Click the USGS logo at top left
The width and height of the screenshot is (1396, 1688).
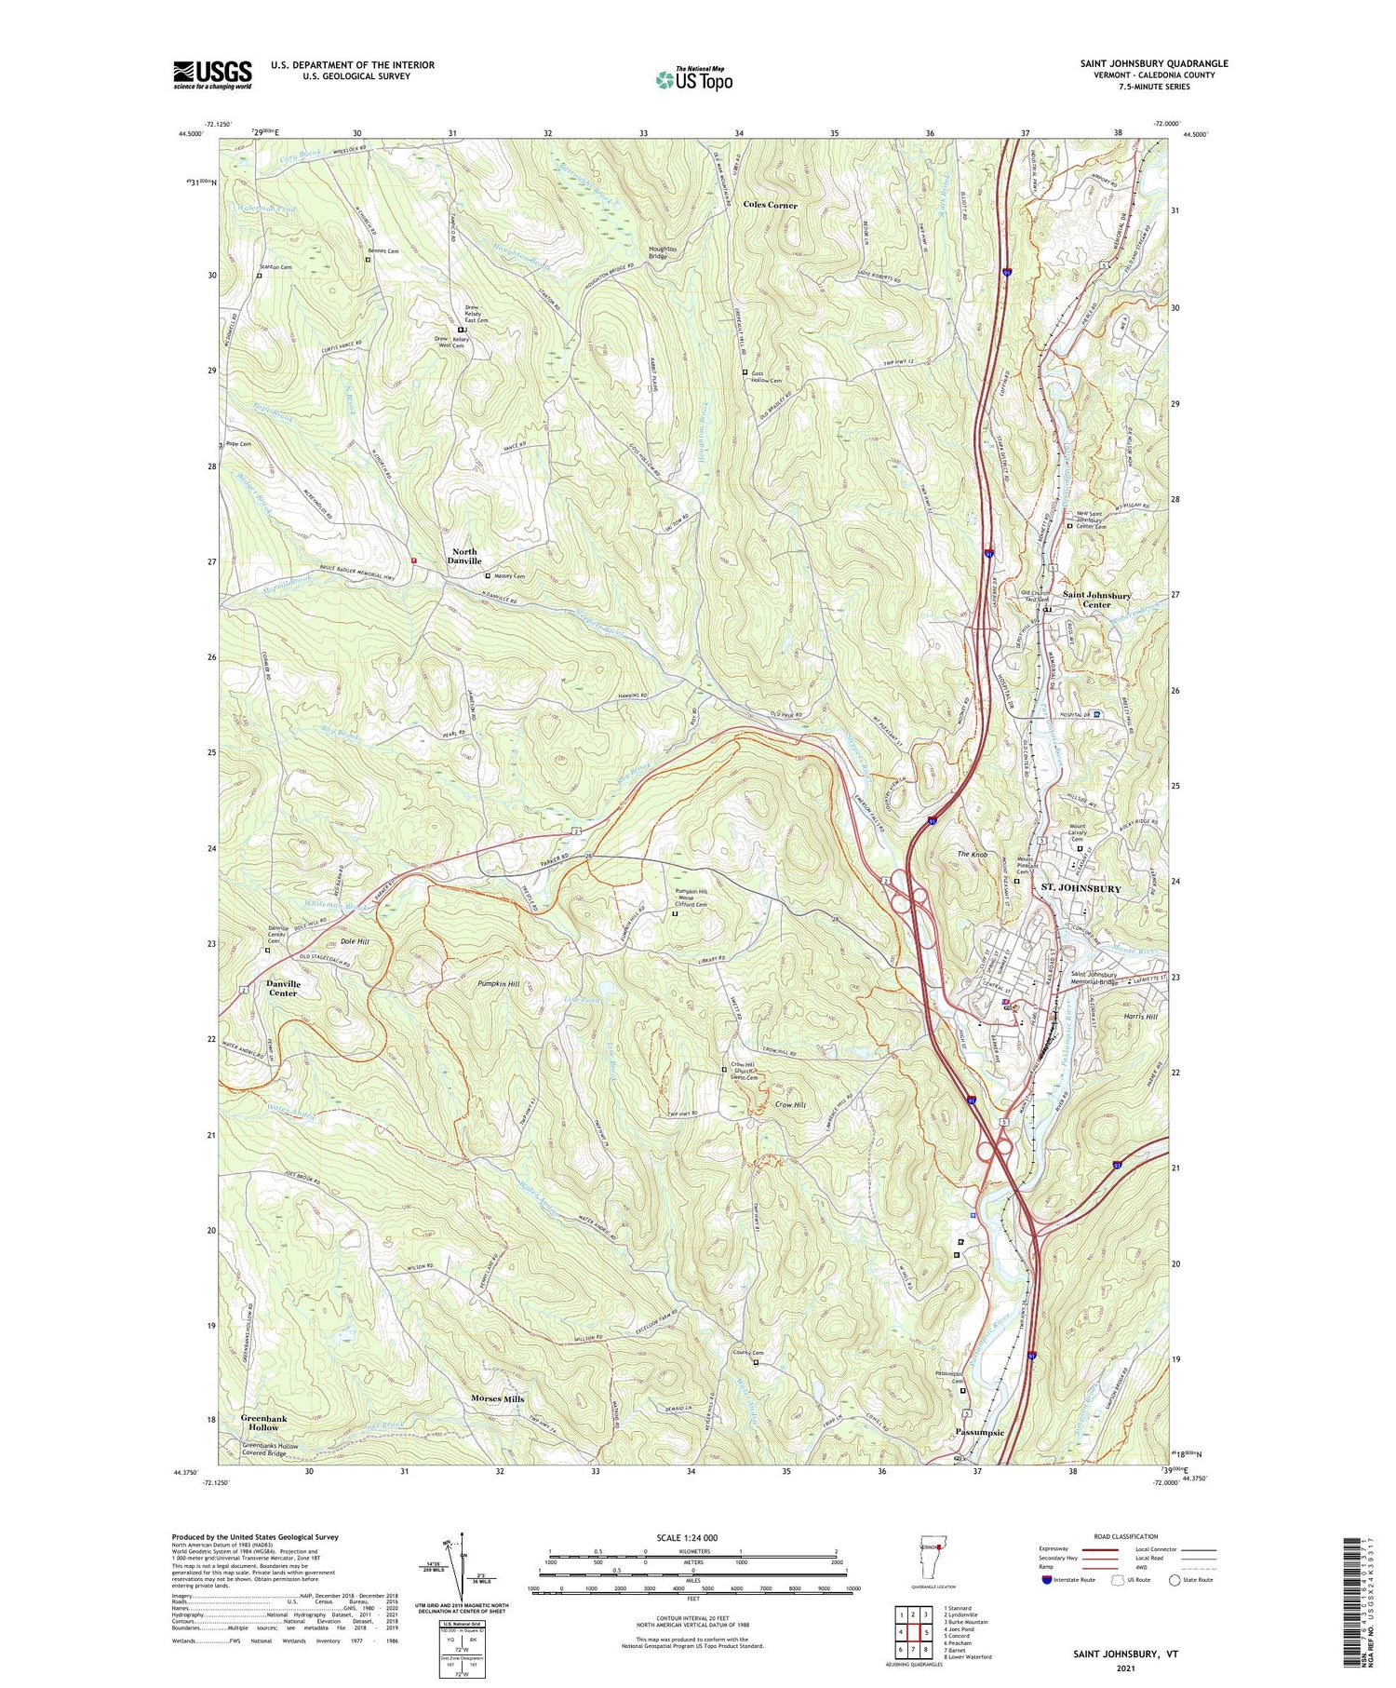coord(212,74)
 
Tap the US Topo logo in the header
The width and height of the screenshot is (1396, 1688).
coord(693,79)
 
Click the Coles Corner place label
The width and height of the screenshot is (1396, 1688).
coord(770,205)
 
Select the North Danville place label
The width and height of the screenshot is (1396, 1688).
coord(463,556)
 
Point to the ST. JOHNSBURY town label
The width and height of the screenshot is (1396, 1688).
coord(1080,888)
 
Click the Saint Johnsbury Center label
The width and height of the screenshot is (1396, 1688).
coord(1096,600)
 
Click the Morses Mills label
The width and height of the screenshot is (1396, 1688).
coord(497,1398)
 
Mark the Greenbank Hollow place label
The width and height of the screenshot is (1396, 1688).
coord(263,1423)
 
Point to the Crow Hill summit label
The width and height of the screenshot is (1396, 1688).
coord(789,1104)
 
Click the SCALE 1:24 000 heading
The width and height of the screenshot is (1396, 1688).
coord(692,1537)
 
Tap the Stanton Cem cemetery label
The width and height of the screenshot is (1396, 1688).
coord(275,267)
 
